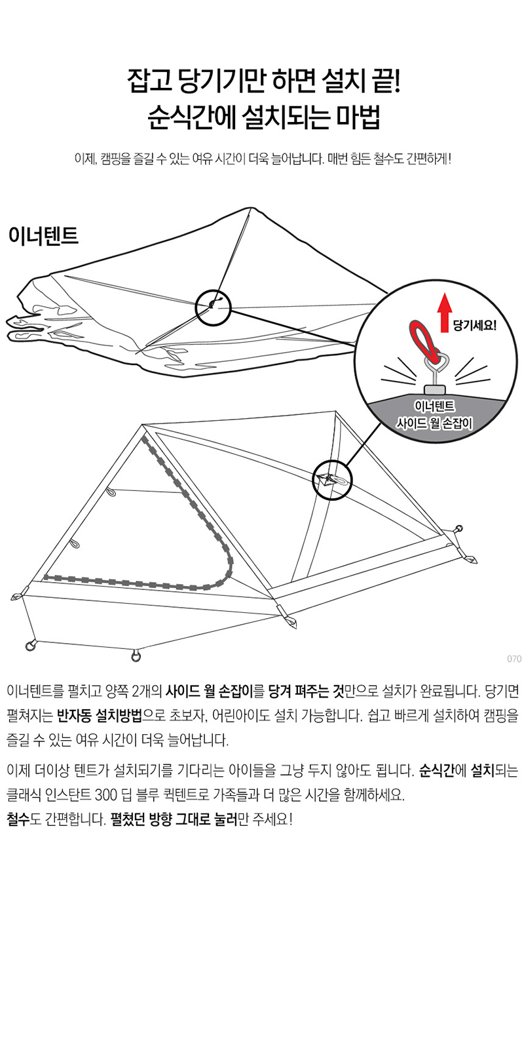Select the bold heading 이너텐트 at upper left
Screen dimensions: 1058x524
[x=43, y=235]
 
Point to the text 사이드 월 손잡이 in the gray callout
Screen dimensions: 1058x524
[x=434, y=424]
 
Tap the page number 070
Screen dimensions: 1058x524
[x=514, y=659]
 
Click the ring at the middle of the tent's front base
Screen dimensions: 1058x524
[x=135, y=656]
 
